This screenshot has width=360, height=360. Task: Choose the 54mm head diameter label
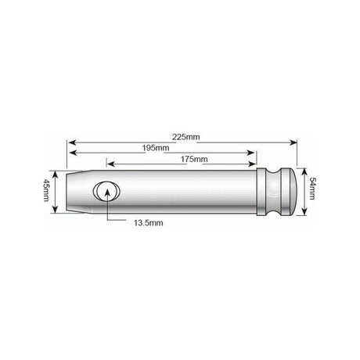tap(313, 189)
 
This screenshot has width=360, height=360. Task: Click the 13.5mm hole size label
tap(146, 223)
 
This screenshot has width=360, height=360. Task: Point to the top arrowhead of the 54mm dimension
tap(302, 168)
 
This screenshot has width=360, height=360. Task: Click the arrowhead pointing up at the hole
tap(106, 202)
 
